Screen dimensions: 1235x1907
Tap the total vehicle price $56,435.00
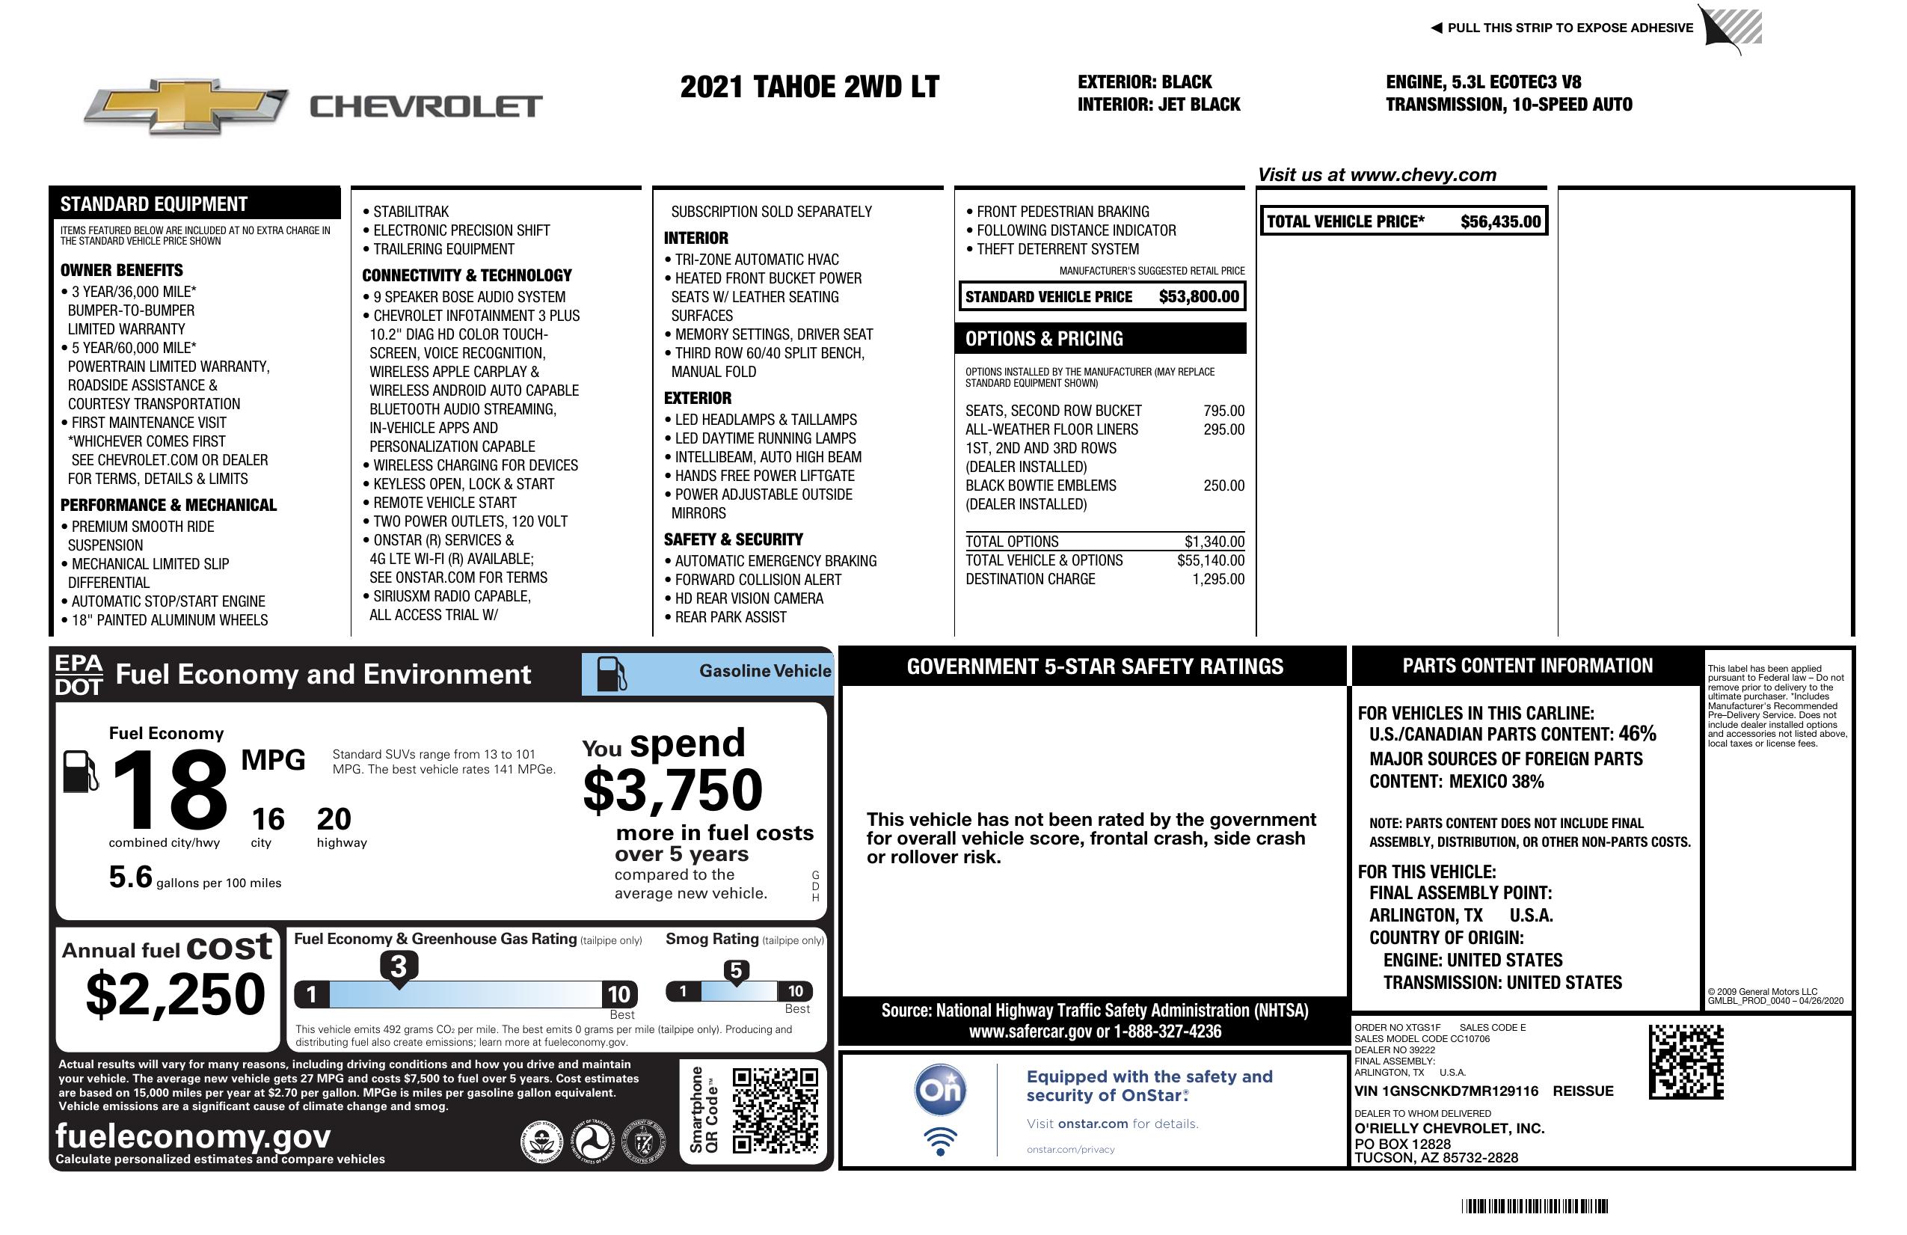point(1499,222)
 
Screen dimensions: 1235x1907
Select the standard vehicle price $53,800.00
point(1198,296)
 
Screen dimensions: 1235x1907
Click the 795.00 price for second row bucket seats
point(1223,411)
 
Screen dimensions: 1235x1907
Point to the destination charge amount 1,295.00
point(1218,580)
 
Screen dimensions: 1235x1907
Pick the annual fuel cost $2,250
point(176,995)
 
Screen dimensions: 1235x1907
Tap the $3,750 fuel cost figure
point(672,790)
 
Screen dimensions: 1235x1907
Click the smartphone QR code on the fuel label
point(775,1110)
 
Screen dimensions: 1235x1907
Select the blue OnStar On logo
point(940,1090)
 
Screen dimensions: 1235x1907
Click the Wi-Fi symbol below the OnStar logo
point(940,1141)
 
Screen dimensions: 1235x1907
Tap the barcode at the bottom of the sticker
point(1535,1206)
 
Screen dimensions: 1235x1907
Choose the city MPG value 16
point(268,819)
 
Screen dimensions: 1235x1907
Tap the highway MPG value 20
point(334,819)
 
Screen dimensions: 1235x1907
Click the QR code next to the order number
point(1686,1062)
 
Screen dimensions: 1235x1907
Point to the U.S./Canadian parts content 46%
point(1636,734)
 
